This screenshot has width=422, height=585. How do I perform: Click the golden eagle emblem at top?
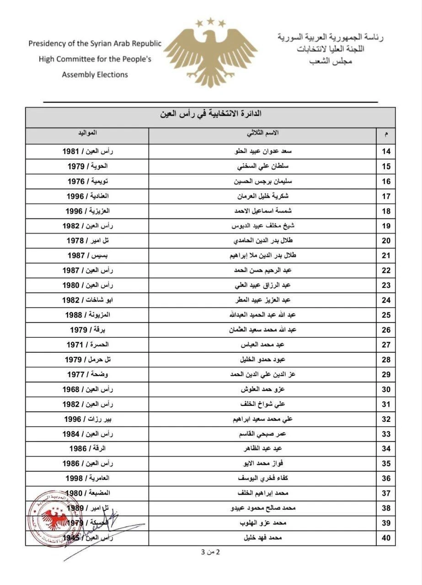point(210,53)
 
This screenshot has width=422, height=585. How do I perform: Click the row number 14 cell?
point(386,152)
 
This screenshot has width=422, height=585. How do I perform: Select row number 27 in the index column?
point(386,345)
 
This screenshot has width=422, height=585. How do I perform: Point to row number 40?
point(386,538)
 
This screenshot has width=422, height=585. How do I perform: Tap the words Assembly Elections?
point(95,74)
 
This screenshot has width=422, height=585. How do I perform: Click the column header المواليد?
point(86,133)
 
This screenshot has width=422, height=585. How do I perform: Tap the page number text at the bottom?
point(211,552)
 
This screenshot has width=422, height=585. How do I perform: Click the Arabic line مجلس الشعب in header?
point(329,61)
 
